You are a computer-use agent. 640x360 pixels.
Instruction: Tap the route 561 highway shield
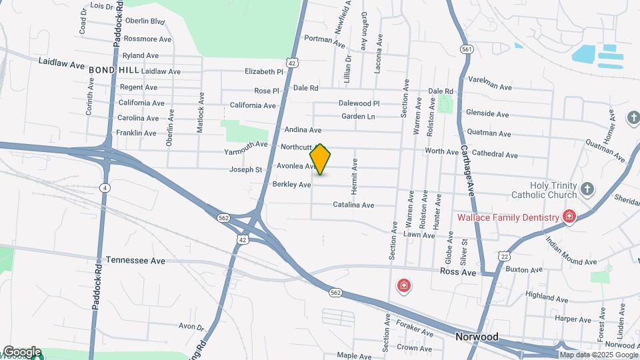(467, 49)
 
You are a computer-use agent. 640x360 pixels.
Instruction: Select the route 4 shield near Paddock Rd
(105, 188)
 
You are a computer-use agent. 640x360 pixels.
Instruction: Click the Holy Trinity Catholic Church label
(543, 190)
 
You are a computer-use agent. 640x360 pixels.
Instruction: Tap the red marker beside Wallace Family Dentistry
(569, 217)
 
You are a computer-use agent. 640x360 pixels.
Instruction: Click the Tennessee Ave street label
(135, 260)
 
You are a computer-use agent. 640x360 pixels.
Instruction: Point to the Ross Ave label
(458, 273)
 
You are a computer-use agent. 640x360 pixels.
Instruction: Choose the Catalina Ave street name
(353, 205)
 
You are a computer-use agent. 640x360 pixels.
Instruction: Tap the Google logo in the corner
(21, 351)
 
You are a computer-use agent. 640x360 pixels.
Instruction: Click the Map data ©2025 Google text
(599, 355)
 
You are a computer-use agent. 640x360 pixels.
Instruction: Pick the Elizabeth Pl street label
(264, 71)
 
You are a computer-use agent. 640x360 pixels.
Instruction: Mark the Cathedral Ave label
(494, 155)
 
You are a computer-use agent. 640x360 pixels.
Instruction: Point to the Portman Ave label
(325, 39)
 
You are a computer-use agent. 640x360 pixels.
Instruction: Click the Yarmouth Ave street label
(245, 144)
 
